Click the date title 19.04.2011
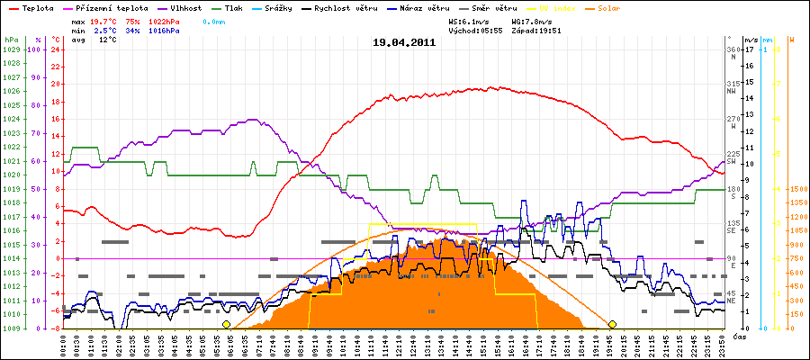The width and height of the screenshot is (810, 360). [404, 42]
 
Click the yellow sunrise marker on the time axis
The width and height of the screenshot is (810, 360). [226, 324]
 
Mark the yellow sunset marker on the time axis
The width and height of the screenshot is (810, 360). [612, 324]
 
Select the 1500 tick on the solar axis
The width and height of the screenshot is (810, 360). [798, 189]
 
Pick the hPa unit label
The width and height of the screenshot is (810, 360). [11, 40]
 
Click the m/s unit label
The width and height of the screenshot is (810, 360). [751, 40]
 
